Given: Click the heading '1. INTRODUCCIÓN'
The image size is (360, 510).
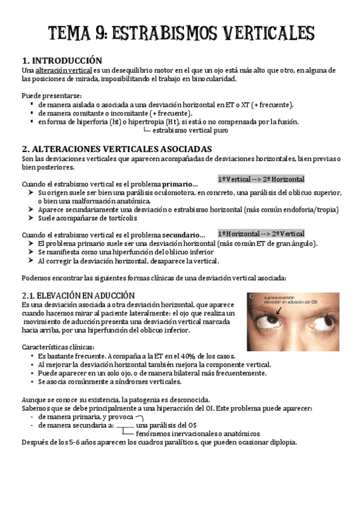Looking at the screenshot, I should tap(61, 61).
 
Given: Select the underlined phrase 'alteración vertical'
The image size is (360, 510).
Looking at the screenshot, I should tap(59, 70).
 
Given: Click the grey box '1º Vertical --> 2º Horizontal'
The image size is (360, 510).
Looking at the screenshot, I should tap(261, 179).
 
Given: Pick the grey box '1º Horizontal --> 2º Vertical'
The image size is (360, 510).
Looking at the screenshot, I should tap(261, 233).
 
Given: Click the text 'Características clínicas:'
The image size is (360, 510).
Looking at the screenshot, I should tap(58, 347).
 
